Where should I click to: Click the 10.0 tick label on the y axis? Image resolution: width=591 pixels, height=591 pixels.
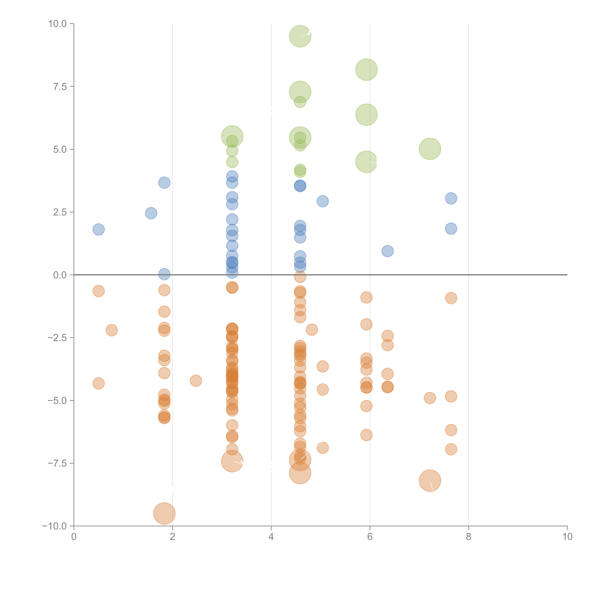click(57, 24)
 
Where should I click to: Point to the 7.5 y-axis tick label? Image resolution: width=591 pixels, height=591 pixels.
click(60, 87)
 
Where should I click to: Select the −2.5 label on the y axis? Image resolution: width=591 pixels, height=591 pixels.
click(57, 338)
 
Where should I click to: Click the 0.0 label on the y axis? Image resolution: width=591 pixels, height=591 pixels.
click(60, 275)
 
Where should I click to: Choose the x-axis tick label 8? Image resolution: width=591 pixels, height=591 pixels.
click(469, 537)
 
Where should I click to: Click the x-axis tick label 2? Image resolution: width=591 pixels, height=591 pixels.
click(173, 537)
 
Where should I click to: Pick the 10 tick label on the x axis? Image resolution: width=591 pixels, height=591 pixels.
click(567, 537)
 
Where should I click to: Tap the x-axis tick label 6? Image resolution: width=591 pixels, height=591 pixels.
click(370, 537)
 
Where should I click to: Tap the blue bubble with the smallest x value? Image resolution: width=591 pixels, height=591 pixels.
click(98, 229)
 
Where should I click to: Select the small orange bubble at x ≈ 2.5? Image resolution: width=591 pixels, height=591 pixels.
click(196, 381)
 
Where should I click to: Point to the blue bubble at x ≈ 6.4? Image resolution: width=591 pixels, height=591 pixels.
click(388, 251)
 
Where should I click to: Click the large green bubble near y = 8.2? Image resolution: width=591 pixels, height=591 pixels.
click(366, 70)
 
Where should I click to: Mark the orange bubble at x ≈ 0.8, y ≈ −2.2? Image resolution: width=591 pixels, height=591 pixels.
click(112, 330)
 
